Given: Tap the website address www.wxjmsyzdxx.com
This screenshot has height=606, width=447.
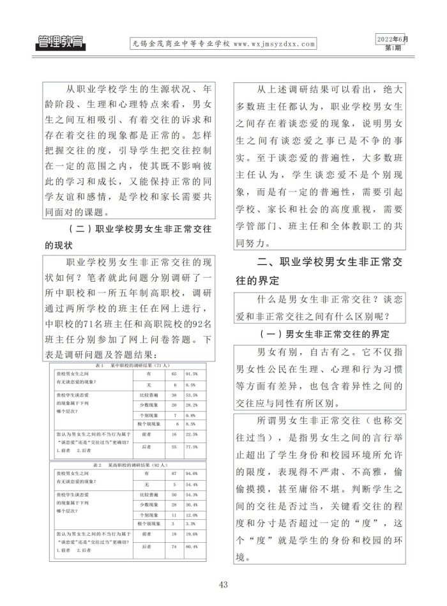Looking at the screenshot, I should (275, 45).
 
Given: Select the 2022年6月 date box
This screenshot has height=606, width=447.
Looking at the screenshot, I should (391, 39).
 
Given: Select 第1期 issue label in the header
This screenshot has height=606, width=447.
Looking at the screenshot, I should (394, 48).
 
